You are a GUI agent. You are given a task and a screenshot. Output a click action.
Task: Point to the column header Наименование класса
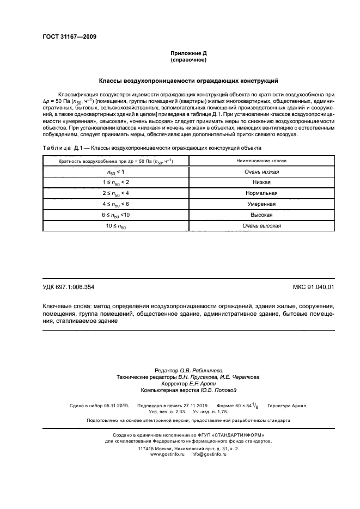coord(261,161)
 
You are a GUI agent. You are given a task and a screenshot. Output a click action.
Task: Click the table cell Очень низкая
coord(261,172)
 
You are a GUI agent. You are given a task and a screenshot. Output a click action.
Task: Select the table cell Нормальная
coord(261,193)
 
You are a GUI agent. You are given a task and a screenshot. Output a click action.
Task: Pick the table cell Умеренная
coord(261,204)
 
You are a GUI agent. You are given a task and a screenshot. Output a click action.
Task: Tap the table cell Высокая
coord(261,214)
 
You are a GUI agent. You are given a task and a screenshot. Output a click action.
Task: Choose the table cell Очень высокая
coord(261,225)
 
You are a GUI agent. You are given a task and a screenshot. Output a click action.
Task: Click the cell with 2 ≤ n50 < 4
coord(115,193)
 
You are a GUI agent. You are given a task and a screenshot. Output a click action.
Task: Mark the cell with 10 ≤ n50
coord(115,225)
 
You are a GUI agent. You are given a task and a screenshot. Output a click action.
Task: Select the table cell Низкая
coord(261,182)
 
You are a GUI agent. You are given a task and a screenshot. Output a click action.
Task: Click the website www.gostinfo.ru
coord(168,453)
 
